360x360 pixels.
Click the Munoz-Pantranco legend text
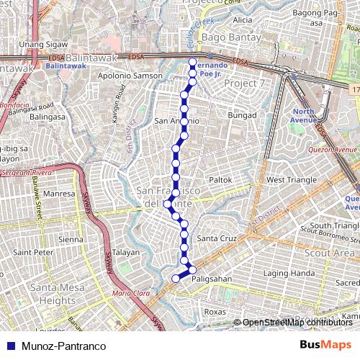click(x=63, y=346)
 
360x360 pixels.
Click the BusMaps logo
click(x=326, y=346)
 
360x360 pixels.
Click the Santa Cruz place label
click(x=217, y=238)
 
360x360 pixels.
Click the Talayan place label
click(x=125, y=252)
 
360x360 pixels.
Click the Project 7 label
click(x=244, y=84)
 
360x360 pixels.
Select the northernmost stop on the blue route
click(x=192, y=61)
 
